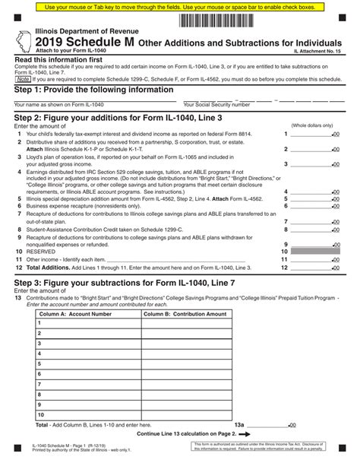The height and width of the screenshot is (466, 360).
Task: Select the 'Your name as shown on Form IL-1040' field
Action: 91,100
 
